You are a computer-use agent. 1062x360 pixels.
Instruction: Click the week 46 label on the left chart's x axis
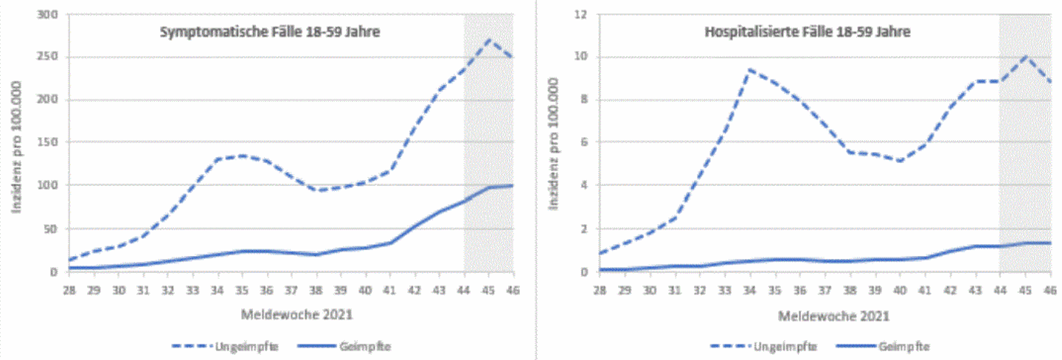click(x=513, y=289)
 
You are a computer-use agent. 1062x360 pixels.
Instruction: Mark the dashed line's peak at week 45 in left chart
click(x=488, y=40)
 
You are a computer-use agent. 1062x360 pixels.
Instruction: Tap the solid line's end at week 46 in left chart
click(x=512, y=185)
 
